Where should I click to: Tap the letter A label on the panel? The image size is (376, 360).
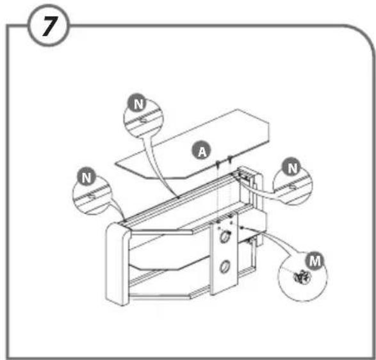click(x=202, y=151)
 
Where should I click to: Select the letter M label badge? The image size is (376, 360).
click(x=315, y=261)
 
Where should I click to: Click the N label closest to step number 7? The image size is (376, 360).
click(x=138, y=103)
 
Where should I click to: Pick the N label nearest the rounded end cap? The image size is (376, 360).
click(x=86, y=177)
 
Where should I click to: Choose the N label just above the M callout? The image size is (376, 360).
click(x=291, y=168)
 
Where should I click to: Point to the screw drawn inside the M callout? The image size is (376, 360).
click(x=302, y=277)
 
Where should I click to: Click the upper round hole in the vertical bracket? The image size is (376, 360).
click(x=224, y=237)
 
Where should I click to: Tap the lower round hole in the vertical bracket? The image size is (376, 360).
click(x=224, y=267)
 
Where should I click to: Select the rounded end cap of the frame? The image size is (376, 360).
click(x=118, y=263)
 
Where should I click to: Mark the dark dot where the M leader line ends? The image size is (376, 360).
click(x=242, y=227)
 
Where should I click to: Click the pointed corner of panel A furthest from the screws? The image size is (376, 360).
click(x=115, y=164)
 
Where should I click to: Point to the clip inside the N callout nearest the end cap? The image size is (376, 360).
click(x=92, y=196)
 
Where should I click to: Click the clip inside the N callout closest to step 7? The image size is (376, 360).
click(x=143, y=120)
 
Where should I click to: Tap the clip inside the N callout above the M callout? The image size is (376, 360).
click(x=293, y=186)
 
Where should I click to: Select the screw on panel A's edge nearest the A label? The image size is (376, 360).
click(x=218, y=164)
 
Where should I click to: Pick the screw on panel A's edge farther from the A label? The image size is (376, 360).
click(x=230, y=158)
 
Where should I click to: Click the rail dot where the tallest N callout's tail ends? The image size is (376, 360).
click(x=178, y=197)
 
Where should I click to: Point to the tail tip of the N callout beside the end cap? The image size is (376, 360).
click(x=124, y=220)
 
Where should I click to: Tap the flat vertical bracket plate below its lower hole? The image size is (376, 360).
click(x=224, y=283)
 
